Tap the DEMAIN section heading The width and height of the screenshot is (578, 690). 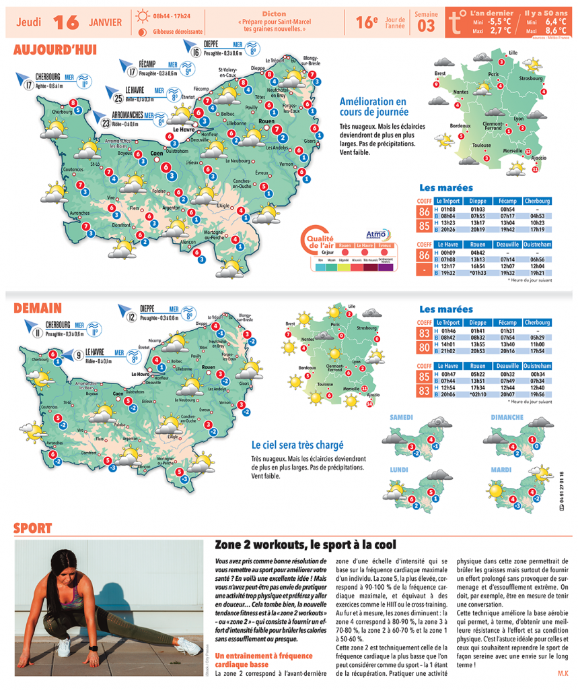point(38,308)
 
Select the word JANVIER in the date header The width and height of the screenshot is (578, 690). point(105,22)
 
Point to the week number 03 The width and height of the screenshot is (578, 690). point(426,26)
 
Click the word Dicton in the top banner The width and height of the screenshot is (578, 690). point(275,13)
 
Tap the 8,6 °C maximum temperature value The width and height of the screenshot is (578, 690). point(556,30)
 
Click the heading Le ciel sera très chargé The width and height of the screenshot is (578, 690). point(297,445)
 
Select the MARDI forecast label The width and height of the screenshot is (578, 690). point(501,469)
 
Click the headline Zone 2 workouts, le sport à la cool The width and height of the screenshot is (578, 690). point(305,544)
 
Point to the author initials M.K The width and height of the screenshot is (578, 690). point(562,673)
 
